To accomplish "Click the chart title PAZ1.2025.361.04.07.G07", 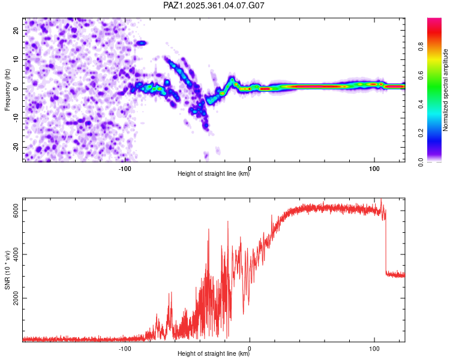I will point(214,5).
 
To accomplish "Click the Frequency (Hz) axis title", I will point(7,89).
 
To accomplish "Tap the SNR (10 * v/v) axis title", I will point(7,269).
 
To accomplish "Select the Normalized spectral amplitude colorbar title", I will point(445,90).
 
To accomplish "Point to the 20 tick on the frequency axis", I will point(16,30).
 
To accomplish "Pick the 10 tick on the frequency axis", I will point(16,59).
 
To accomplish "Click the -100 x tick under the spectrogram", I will point(125,168).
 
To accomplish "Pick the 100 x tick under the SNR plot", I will point(374,348).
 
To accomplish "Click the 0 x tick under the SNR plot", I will point(250,348).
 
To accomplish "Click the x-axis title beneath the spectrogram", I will point(214,175).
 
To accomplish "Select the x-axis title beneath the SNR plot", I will point(214,355).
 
